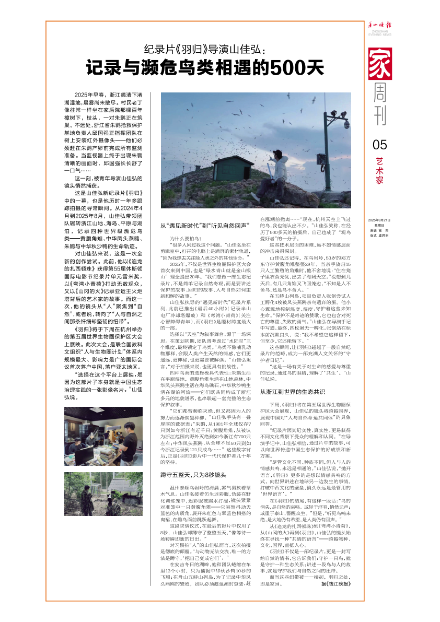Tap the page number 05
click(380, 145)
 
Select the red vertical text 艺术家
click(380, 171)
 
